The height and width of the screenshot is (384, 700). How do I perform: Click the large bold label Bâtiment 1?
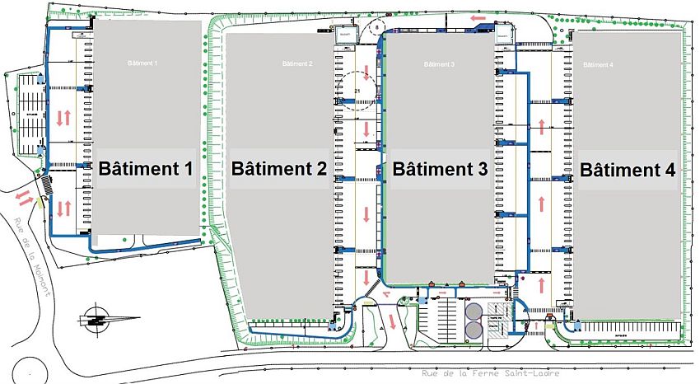(146, 169)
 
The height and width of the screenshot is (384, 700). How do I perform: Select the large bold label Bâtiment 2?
(279, 169)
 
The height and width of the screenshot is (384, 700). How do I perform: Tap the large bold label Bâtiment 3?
(440, 169)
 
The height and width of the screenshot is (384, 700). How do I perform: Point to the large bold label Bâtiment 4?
(628, 170)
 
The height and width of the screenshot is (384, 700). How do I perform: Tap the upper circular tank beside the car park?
(474, 311)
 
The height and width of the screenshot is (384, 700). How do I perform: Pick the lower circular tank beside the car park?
(474, 330)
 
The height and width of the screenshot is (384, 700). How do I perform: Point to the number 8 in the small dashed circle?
(377, 28)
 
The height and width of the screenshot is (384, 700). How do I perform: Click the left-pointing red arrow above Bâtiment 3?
(478, 17)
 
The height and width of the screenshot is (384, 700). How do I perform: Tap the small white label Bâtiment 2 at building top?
(297, 63)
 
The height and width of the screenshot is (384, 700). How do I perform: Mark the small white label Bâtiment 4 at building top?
(599, 64)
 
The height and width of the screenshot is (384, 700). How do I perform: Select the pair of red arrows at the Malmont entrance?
(25, 199)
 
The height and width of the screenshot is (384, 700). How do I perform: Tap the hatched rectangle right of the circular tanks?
(497, 325)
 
